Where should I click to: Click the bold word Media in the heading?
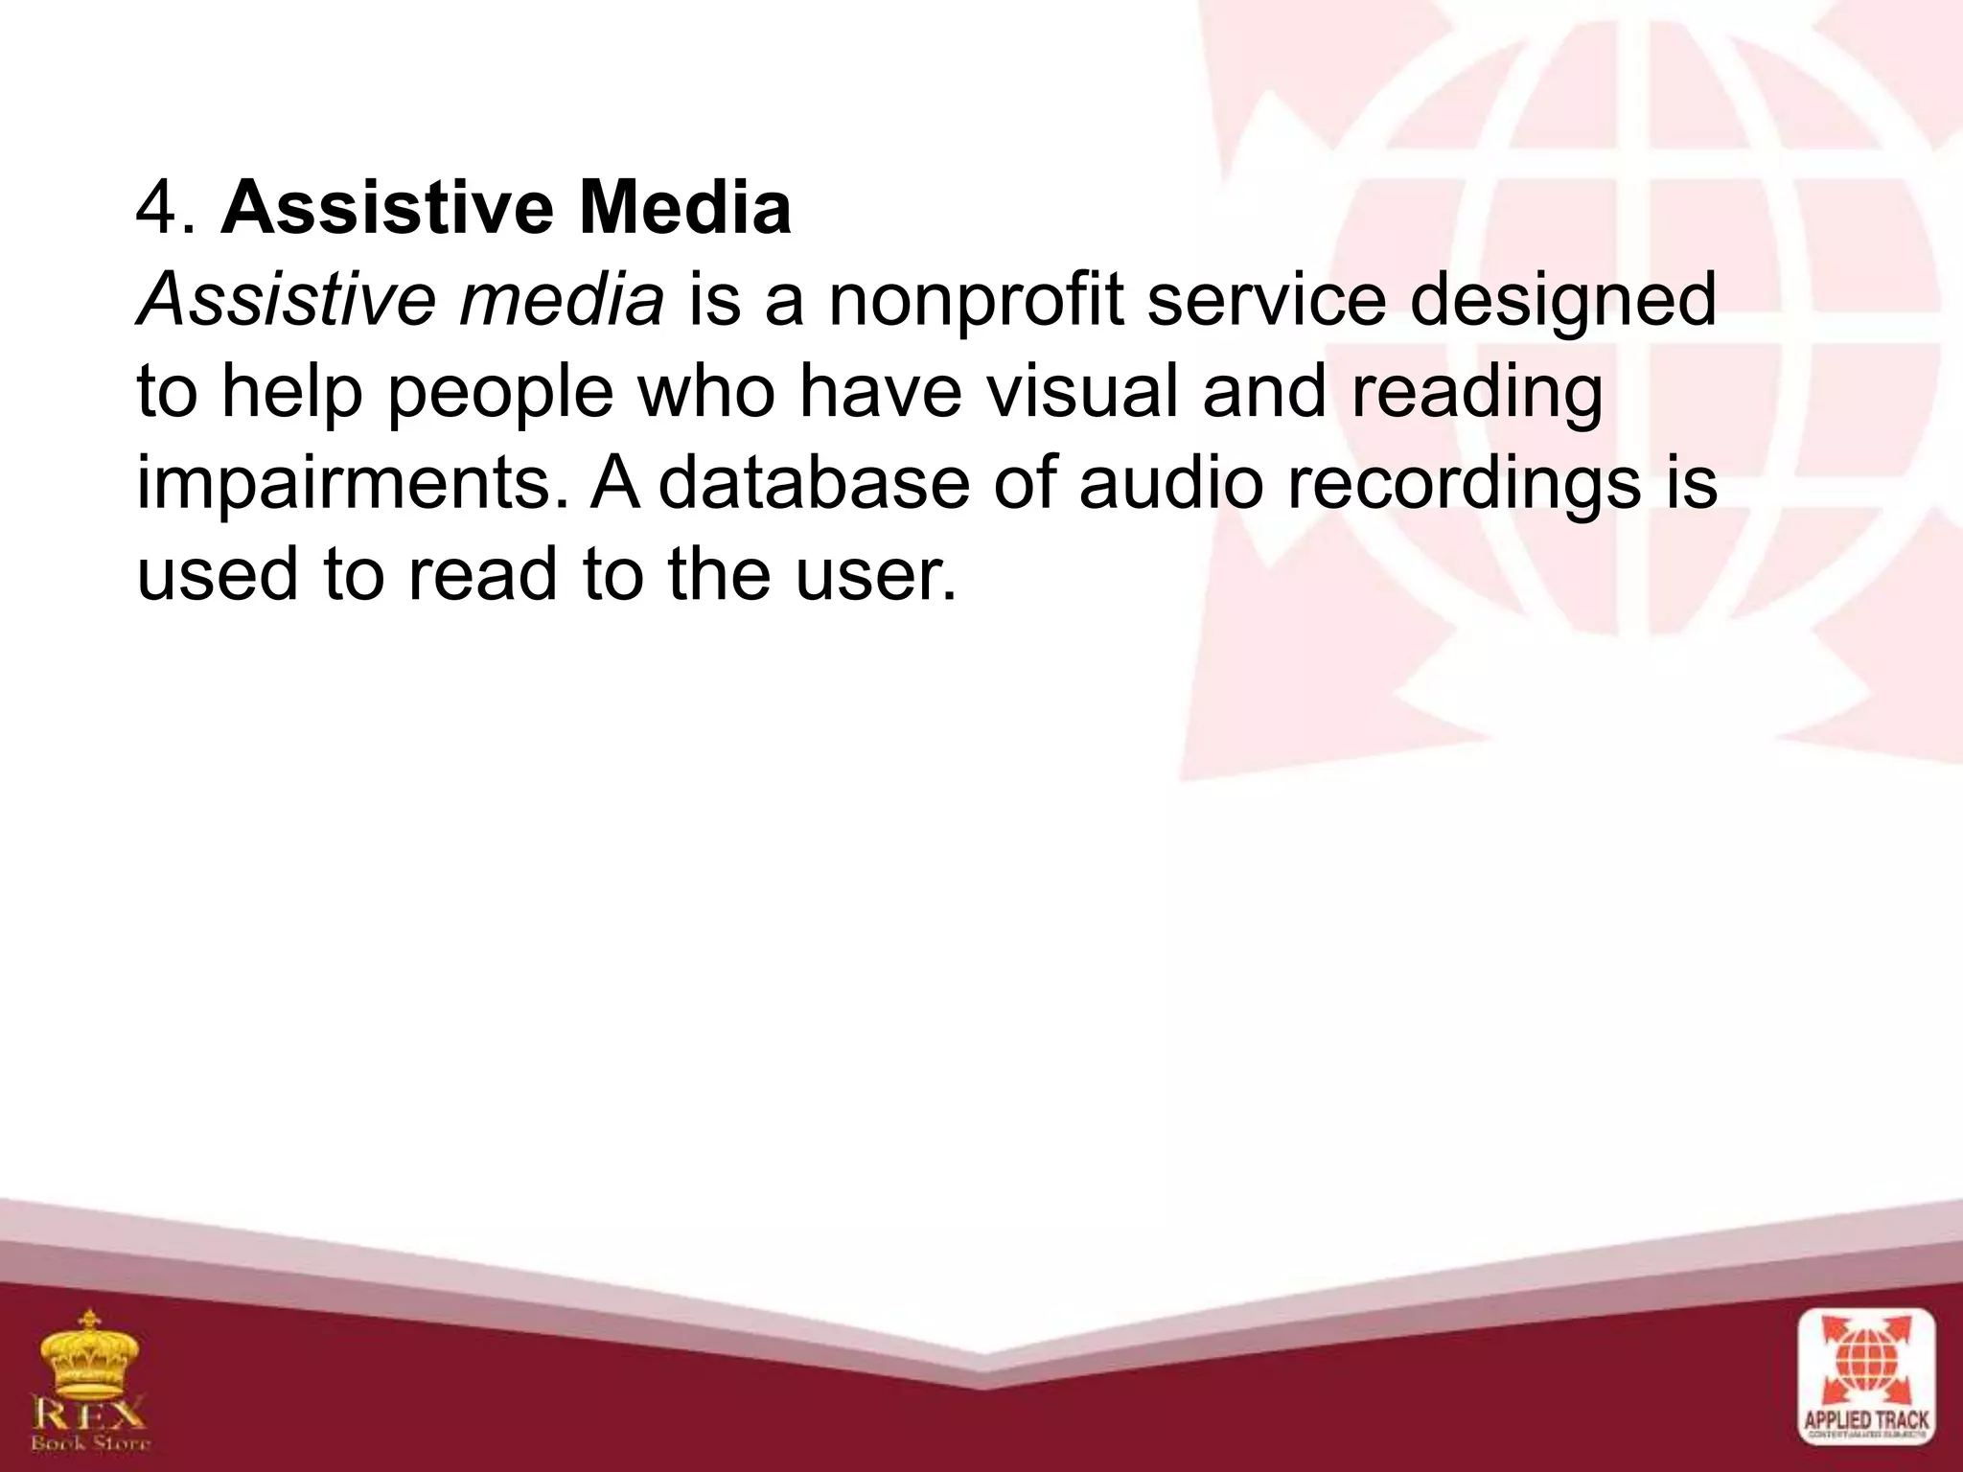pyautogui.click(x=684, y=209)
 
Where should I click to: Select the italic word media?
pyautogui.click(x=561, y=300)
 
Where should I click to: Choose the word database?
pyautogui.click(x=814, y=483)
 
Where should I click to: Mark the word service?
pyautogui.click(x=1265, y=301)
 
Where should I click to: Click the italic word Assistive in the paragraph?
pyautogui.click(x=288, y=300)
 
